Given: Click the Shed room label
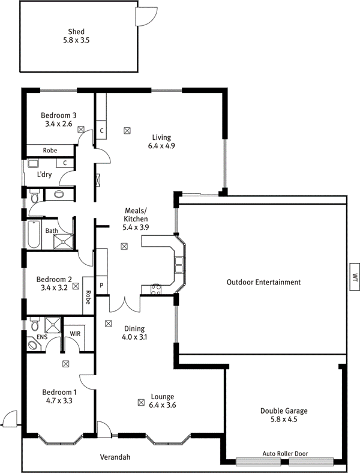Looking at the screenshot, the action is coord(76,31).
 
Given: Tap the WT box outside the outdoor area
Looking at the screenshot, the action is coord(355,277).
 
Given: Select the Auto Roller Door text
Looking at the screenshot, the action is coord(285,453).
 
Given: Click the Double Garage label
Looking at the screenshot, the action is coord(284,411).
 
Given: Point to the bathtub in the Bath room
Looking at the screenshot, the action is coord(34,234).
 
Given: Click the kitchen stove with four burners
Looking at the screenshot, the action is coord(156,289).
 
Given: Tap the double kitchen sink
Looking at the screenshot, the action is coord(179,265).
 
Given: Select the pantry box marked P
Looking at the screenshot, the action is coord(101,285).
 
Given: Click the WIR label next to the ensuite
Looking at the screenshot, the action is coord(75,334).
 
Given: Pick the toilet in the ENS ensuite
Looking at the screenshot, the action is coord(35,325).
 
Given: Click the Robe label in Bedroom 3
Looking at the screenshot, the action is coord(50,150).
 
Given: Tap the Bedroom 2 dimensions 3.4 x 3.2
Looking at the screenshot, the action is coord(54,288).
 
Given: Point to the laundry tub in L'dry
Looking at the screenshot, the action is coord(32,164).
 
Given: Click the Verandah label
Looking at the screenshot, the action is coord(115,457).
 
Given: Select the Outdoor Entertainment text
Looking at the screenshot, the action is coord(263,282).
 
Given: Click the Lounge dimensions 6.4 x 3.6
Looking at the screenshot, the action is coord(162,405).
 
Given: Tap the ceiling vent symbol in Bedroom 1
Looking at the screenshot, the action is coord(65,364).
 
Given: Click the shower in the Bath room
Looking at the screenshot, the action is coord(63,242).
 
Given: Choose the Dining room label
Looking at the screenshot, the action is coord(134,328).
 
